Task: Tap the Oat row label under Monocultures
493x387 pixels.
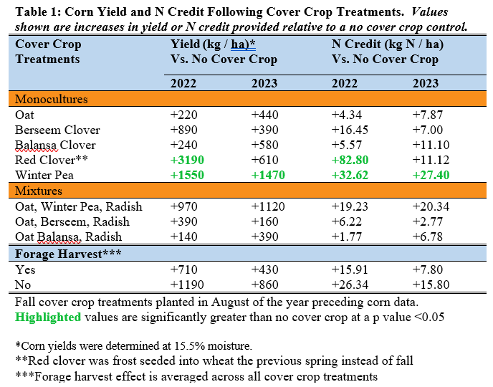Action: coord(24,114)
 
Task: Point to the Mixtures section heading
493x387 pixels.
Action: coord(39,191)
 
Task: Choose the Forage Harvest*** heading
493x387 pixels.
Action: coord(59,254)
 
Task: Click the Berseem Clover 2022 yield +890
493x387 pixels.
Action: coord(185,130)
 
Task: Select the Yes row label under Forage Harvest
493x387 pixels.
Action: coord(25,269)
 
